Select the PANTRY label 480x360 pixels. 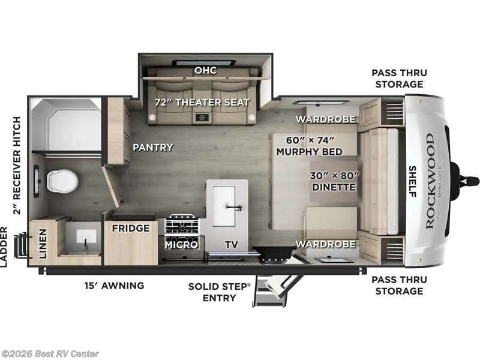[x=152, y=147]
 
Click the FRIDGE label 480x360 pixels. [x=130, y=229]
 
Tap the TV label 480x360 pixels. [x=231, y=244]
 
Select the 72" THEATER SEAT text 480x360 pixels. [x=202, y=102]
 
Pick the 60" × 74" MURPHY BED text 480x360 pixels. [x=309, y=146]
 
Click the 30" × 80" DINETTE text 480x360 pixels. [x=334, y=181]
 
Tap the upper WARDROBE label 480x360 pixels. [x=325, y=118]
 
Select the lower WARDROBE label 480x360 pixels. [x=325, y=244]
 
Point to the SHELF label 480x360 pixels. [x=413, y=181]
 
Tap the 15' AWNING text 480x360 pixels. [x=113, y=286]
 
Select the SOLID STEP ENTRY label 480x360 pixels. [x=218, y=292]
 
